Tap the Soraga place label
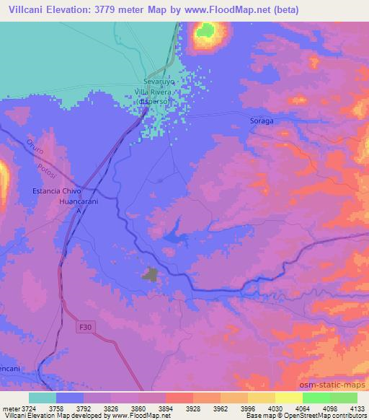[261, 121]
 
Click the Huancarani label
[77, 202]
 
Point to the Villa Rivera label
[156, 92]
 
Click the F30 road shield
[85, 327]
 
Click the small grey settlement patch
[151, 274]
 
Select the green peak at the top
[206, 30]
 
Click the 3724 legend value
[29, 408]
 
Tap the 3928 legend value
[192, 408]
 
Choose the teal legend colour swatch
[43, 398]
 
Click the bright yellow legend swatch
[288, 398]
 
